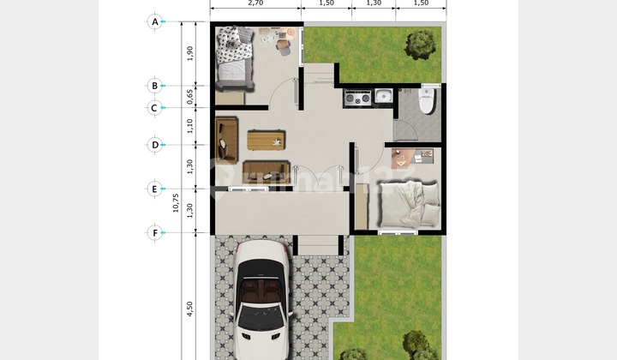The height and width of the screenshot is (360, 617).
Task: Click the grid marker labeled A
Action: [x=155, y=21]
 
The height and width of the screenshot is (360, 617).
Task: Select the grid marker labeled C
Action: [x=155, y=108]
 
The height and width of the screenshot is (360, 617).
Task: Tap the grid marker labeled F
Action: [x=155, y=232]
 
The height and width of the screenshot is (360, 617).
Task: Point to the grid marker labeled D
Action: [x=155, y=145]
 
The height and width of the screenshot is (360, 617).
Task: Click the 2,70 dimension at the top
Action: [x=255, y=3]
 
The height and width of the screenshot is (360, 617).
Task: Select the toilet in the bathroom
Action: [x=426, y=101]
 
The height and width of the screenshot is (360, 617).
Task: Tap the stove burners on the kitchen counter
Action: [x=356, y=98]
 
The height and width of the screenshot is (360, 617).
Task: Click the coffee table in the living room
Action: [x=266, y=140]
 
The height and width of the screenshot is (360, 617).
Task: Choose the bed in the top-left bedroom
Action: [x=234, y=57]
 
